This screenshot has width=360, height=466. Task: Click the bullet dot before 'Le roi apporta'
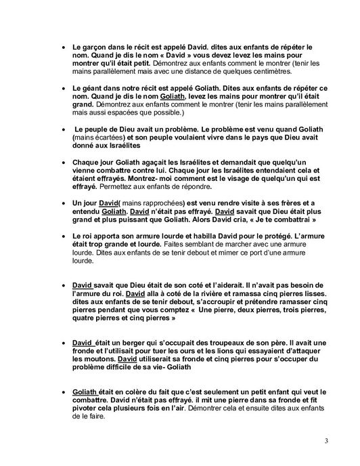64,237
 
